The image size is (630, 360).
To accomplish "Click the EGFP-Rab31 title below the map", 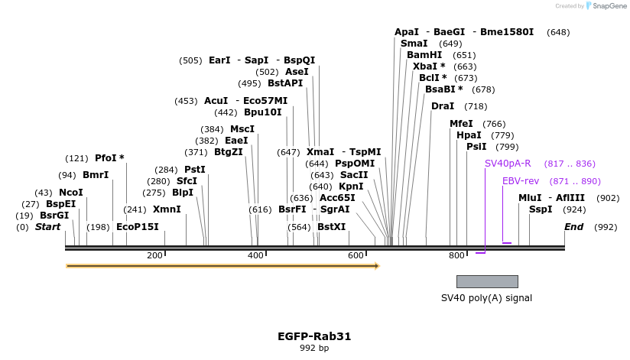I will pyautogui.click(x=314, y=336).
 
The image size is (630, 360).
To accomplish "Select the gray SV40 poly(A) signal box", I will pyautogui.click(x=487, y=281).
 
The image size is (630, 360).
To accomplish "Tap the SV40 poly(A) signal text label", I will pyautogui.click(x=486, y=298).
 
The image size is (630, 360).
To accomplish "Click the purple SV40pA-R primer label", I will pyautogui.click(x=508, y=164).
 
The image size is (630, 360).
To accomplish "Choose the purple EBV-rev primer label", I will pyautogui.click(x=521, y=181).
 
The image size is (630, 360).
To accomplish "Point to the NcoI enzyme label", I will pyautogui.click(x=71, y=193).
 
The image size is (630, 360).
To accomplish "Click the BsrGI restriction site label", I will pyautogui.click(x=54, y=216).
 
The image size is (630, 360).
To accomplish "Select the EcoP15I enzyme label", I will pyautogui.click(x=138, y=227).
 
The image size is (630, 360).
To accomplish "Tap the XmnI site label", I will pyautogui.click(x=167, y=209).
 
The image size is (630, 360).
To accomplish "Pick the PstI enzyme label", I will pyautogui.click(x=195, y=170).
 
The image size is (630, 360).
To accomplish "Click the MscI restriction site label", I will pyautogui.click(x=242, y=129).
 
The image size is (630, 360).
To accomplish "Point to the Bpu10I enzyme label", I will pyautogui.click(x=263, y=112).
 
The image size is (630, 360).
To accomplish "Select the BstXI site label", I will pyautogui.click(x=331, y=227).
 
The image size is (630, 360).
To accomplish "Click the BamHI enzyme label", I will pyautogui.click(x=424, y=55).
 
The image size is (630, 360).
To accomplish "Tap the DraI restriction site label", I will pyautogui.click(x=443, y=106).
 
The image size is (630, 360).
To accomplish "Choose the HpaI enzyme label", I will pyautogui.click(x=469, y=135).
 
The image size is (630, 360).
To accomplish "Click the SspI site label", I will pyautogui.click(x=541, y=209).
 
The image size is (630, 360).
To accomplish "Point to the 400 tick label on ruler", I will pyautogui.click(x=255, y=255).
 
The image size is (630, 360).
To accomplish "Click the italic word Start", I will pyautogui.click(x=47, y=227).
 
